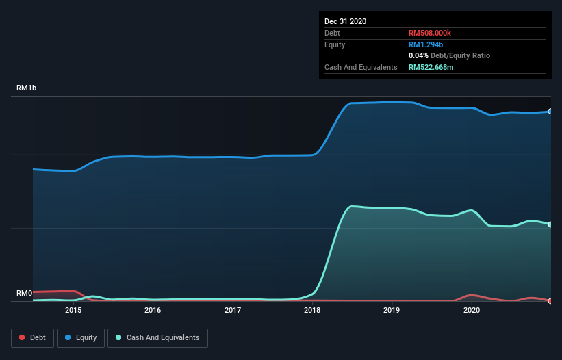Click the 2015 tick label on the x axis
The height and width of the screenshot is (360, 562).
(x=73, y=310)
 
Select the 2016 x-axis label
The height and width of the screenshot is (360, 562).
(x=153, y=310)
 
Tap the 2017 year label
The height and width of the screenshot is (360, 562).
(x=233, y=310)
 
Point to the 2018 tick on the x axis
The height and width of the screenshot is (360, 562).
(x=312, y=310)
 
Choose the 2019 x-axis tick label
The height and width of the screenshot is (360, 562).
(x=392, y=310)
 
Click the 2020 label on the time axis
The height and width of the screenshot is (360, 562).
(x=472, y=310)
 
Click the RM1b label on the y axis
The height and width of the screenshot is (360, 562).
(x=27, y=88)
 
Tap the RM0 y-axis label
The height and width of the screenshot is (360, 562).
(x=25, y=293)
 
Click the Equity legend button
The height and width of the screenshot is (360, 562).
(x=81, y=337)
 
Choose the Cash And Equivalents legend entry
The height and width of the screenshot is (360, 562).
(x=157, y=337)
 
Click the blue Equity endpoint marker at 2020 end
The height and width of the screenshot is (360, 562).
(x=550, y=111)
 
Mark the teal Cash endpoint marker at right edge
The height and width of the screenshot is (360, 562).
(x=550, y=224)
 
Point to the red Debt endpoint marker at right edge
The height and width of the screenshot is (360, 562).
(x=550, y=300)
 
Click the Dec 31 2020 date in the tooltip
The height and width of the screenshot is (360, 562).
(x=345, y=21)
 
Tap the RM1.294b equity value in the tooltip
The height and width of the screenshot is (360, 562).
(x=425, y=44)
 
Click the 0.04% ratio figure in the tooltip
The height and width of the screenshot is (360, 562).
(x=418, y=55)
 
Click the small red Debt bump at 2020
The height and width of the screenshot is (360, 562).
(x=472, y=295)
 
